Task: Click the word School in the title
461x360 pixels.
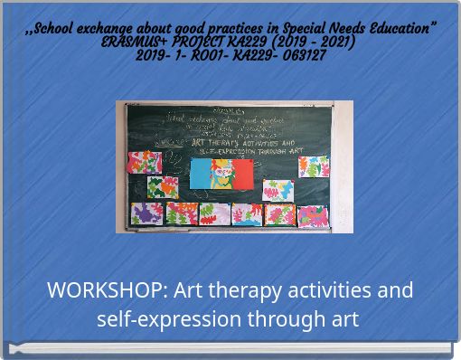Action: (x=61, y=29)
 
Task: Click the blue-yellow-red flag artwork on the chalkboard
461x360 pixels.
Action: (x=222, y=173)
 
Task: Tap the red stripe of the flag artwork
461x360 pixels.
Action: (x=242, y=173)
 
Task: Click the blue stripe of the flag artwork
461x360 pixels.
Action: (x=201, y=173)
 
